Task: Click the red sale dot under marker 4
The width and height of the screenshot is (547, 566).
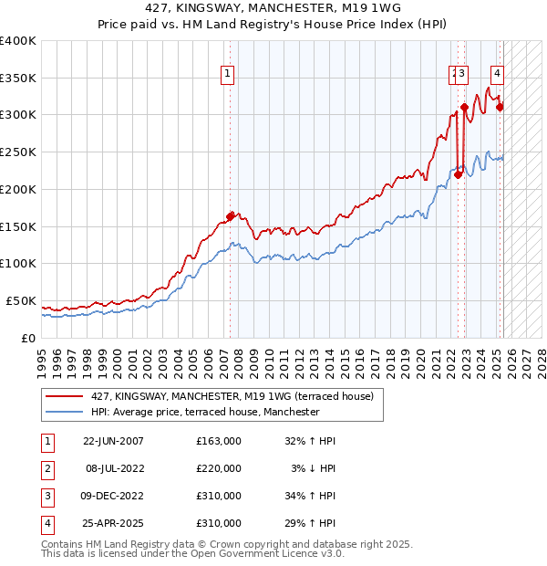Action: coord(500,107)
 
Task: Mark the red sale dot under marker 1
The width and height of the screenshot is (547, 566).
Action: coord(230,216)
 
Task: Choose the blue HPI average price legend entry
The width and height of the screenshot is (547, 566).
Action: coord(204,412)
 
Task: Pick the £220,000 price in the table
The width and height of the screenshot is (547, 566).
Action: coord(218,468)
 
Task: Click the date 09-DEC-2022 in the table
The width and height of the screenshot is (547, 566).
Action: coord(113,496)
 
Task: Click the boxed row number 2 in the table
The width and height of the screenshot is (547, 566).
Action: coord(46,468)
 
